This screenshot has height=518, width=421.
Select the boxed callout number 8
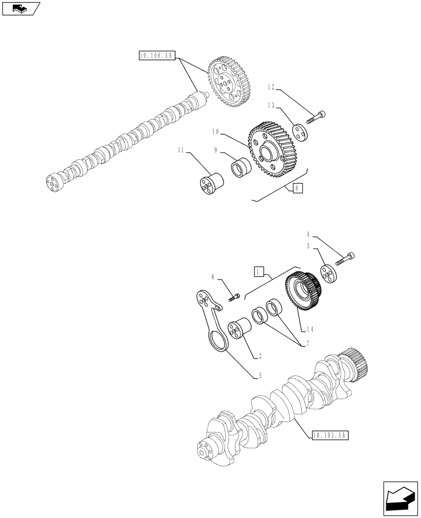pyautogui.click(x=296, y=189)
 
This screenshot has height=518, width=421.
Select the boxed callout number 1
pyautogui.click(x=259, y=271)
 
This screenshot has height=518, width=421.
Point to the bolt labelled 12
pyautogui.click(x=316, y=117)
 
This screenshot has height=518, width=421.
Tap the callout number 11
pyautogui.click(x=181, y=151)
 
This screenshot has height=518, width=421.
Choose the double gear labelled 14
pyautogui.click(x=303, y=291)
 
